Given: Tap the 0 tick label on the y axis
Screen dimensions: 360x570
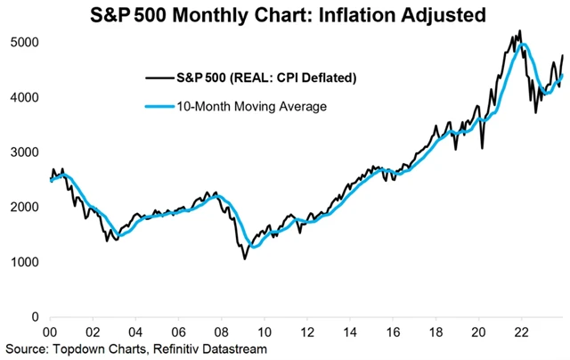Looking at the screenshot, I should pos(36,317).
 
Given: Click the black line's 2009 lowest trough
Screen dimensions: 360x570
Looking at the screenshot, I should pos(245,258).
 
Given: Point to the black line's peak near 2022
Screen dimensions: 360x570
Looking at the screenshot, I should pos(519,31).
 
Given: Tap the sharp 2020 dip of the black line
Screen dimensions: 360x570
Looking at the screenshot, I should pos(482,148).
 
